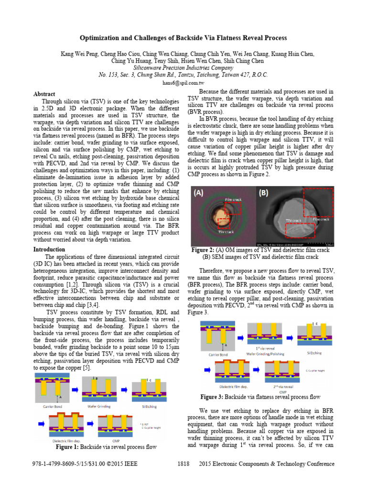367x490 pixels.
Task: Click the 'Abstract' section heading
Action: click(44, 94)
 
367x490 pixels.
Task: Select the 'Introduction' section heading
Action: click(49, 249)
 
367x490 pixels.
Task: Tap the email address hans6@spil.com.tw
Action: click(183, 83)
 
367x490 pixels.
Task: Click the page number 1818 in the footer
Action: click(183, 464)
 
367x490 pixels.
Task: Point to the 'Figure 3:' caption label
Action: click(216, 397)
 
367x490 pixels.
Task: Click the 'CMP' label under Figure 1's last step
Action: click(116, 441)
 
